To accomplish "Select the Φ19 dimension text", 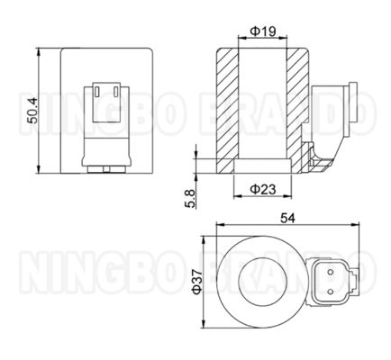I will pyautogui.click(x=261, y=31).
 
